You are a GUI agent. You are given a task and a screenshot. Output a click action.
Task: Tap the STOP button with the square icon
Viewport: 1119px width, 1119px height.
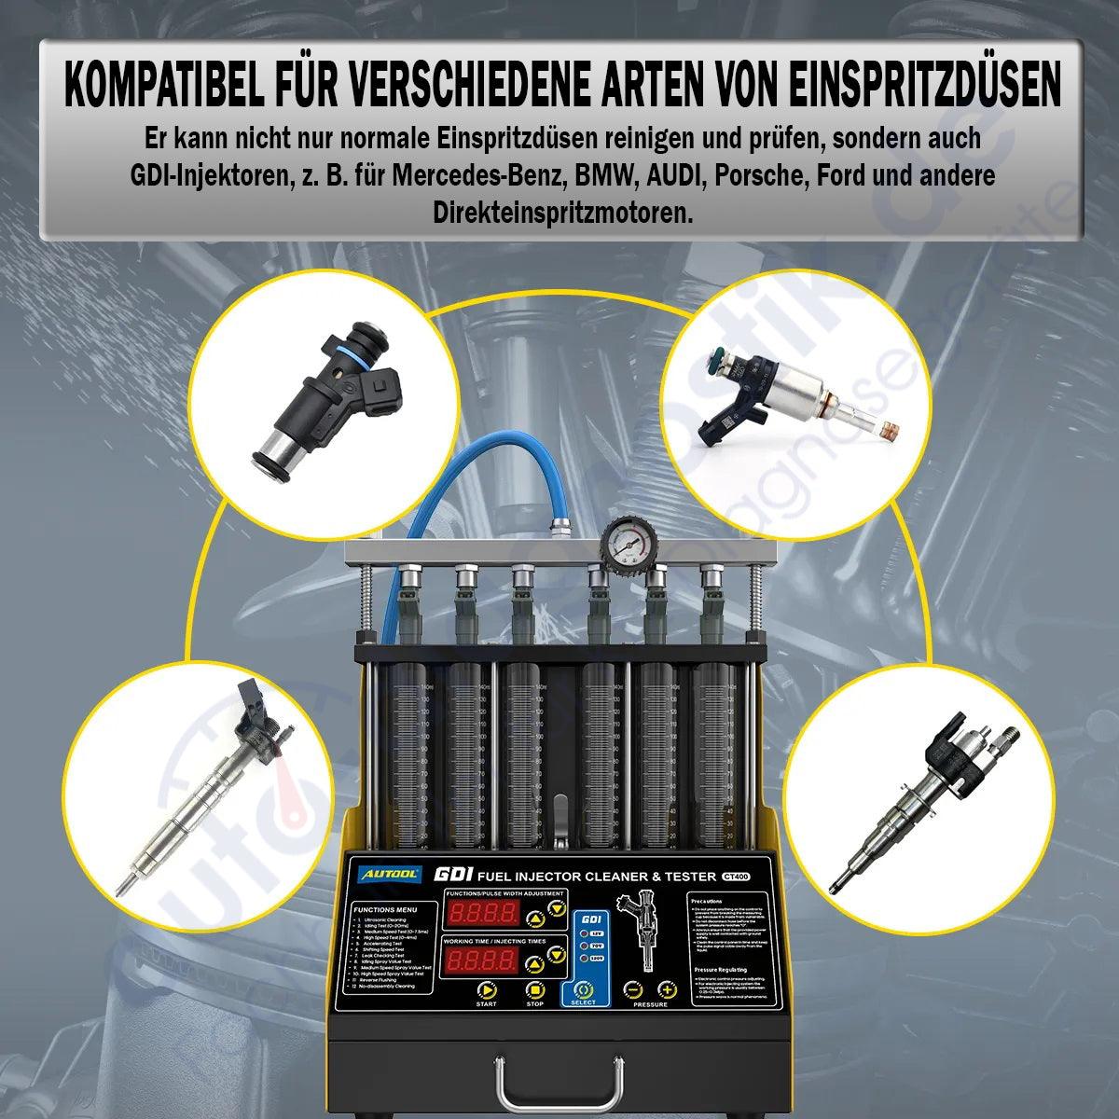click(x=534, y=990)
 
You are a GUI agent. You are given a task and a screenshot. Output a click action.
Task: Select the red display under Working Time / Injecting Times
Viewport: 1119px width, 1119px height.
click(x=482, y=960)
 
